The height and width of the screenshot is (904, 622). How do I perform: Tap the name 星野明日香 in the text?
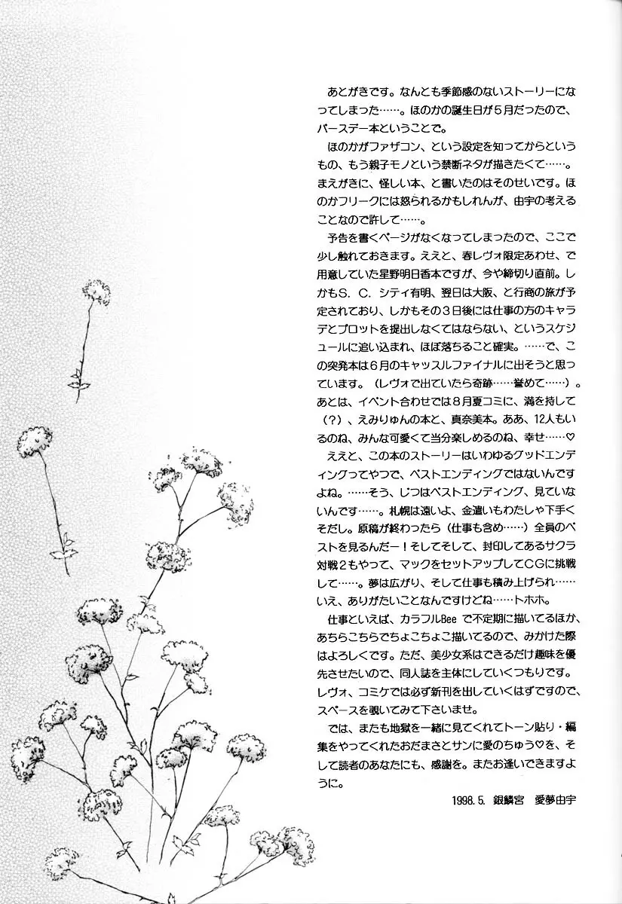pos(408,290)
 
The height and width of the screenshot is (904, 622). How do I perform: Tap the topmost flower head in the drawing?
pos(96,289)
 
